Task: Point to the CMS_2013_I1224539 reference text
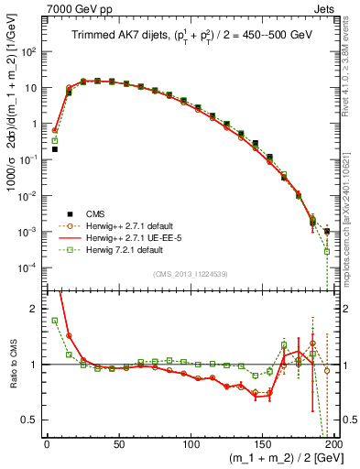click(x=190, y=272)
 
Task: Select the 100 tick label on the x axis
click(x=191, y=444)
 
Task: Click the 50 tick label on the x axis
click(x=119, y=444)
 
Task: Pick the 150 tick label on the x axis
click(x=264, y=444)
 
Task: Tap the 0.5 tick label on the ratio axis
click(x=33, y=420)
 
